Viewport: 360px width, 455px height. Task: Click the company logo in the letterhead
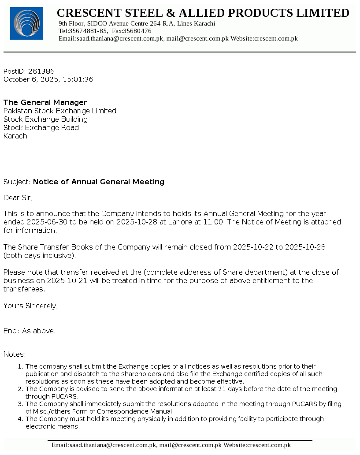click(26, 23)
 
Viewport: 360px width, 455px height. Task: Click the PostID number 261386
click(41, 71)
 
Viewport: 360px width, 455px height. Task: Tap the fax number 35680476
click(137, 31)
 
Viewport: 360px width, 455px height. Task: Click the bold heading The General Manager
click(45, 102)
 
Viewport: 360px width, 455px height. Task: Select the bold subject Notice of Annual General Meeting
click(99, 182)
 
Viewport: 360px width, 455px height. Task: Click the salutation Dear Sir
click(18, 198)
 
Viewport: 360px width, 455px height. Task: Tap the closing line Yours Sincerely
click(30, 306)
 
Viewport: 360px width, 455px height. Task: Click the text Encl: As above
click(30, 331)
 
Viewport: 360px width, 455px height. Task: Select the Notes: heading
click(15, 354)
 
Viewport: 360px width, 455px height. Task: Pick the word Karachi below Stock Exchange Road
click(16, 136)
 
